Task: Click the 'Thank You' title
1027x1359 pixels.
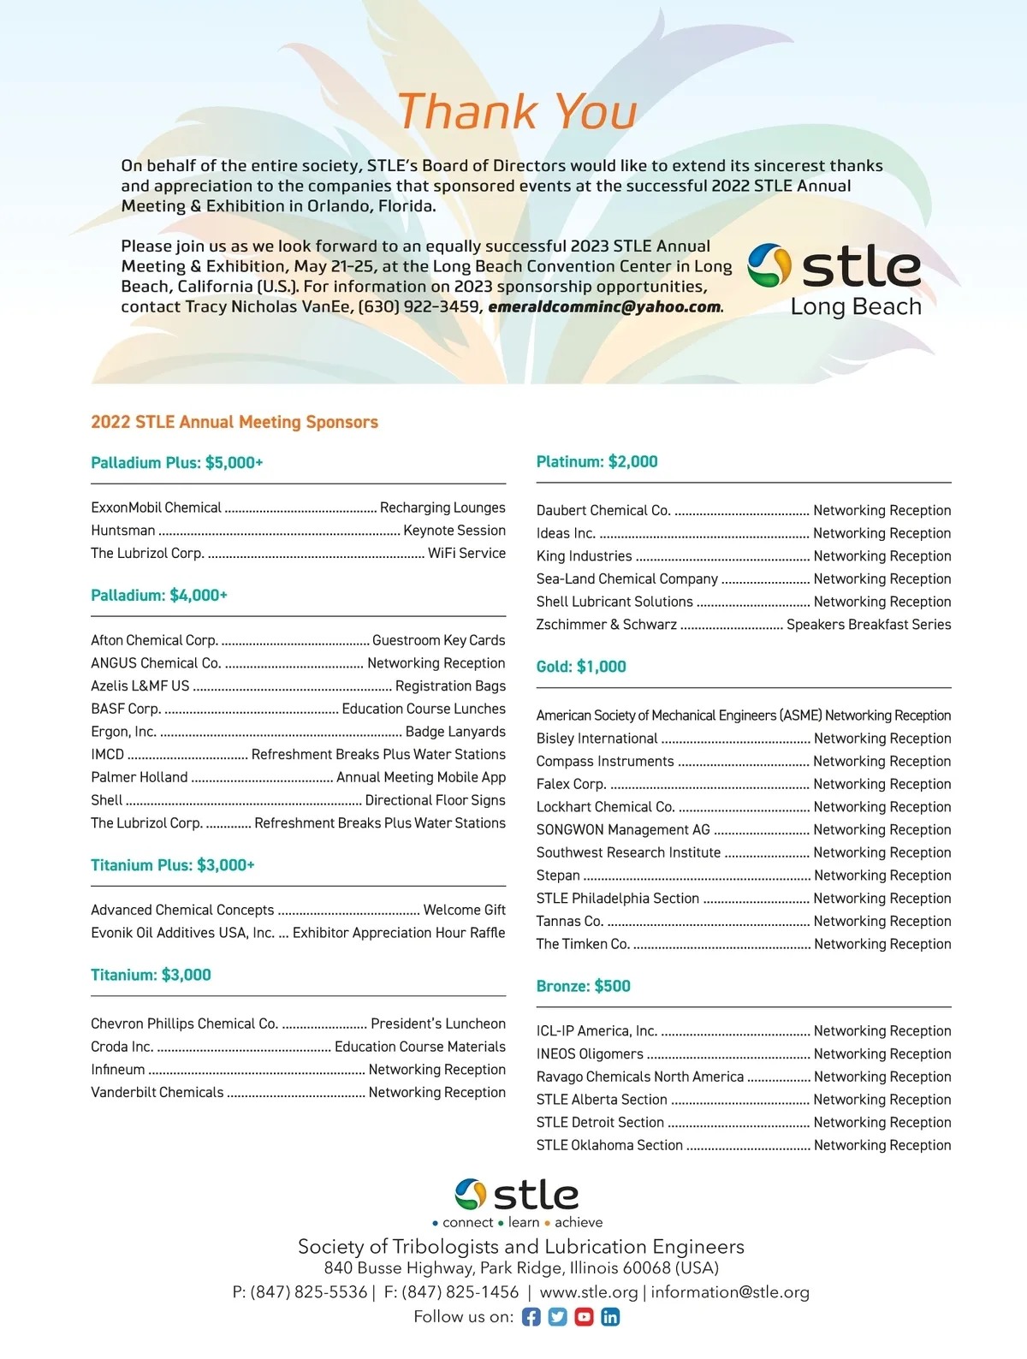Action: click(x=517, y=112)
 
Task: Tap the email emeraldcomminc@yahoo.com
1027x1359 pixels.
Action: click(x=605, y=307)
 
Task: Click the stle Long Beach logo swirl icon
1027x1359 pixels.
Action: click(x=769, y=265)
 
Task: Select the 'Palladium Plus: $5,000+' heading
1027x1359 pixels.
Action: click(x=177, y=463)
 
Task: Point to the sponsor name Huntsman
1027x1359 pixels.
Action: click(x=123, y=531)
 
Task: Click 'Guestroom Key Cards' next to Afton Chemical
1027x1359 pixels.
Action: click(x=439, y=640)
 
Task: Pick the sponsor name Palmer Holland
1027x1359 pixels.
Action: click(x=140, y=777)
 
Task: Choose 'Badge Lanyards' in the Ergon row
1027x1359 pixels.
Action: click(x=455, y=732)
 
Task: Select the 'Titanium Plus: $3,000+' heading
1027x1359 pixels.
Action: click(x=173, y=865)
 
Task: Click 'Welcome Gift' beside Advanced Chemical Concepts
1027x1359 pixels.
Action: click(x=465, y=910)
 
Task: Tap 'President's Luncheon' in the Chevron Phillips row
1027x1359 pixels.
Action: click(x=438, y=1024)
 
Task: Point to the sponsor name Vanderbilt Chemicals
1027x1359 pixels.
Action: click(x=157, y=1092)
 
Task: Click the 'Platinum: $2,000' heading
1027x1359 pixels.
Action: click(x=597, y=462)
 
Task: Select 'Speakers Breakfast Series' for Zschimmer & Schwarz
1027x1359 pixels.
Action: click(x=869, y=625)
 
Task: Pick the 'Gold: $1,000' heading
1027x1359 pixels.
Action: click(x=581, y=667)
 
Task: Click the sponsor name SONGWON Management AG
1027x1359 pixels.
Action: click(x=623, y=829)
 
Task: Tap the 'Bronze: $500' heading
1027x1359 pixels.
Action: click(x=584, y=986)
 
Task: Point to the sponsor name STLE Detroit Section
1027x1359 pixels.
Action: click(x=600, y=1122)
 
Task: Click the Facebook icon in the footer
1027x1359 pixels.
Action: click(x=531, y=1317)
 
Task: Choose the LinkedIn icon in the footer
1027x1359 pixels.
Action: click(x=610, y=1317)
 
